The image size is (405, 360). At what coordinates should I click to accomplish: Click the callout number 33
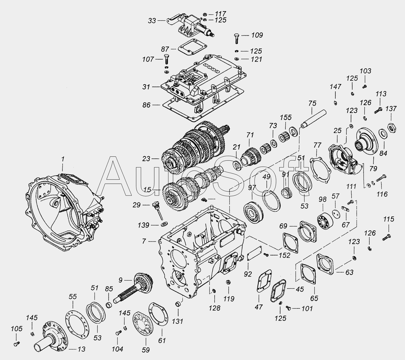click(x=152, y=21)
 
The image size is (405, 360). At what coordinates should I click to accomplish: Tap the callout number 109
click(x=257, y=35)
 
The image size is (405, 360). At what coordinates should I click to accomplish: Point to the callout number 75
click(x=312, y=103)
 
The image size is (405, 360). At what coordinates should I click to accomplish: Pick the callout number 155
click(x=286, y=117)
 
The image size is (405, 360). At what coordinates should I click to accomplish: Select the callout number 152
click(x=285, y=255)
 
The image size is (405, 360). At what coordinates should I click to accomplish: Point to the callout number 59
click(x=146, y=350)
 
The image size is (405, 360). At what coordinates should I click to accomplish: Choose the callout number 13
click(x=81, y=349)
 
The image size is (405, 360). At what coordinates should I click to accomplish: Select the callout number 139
click(x=143, y=225)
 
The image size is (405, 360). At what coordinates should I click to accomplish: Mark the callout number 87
click(x=165, y=49)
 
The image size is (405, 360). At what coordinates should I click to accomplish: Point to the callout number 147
click(x=335, y=87)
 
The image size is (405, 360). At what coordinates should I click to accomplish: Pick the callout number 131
click(x=177, y=321)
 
